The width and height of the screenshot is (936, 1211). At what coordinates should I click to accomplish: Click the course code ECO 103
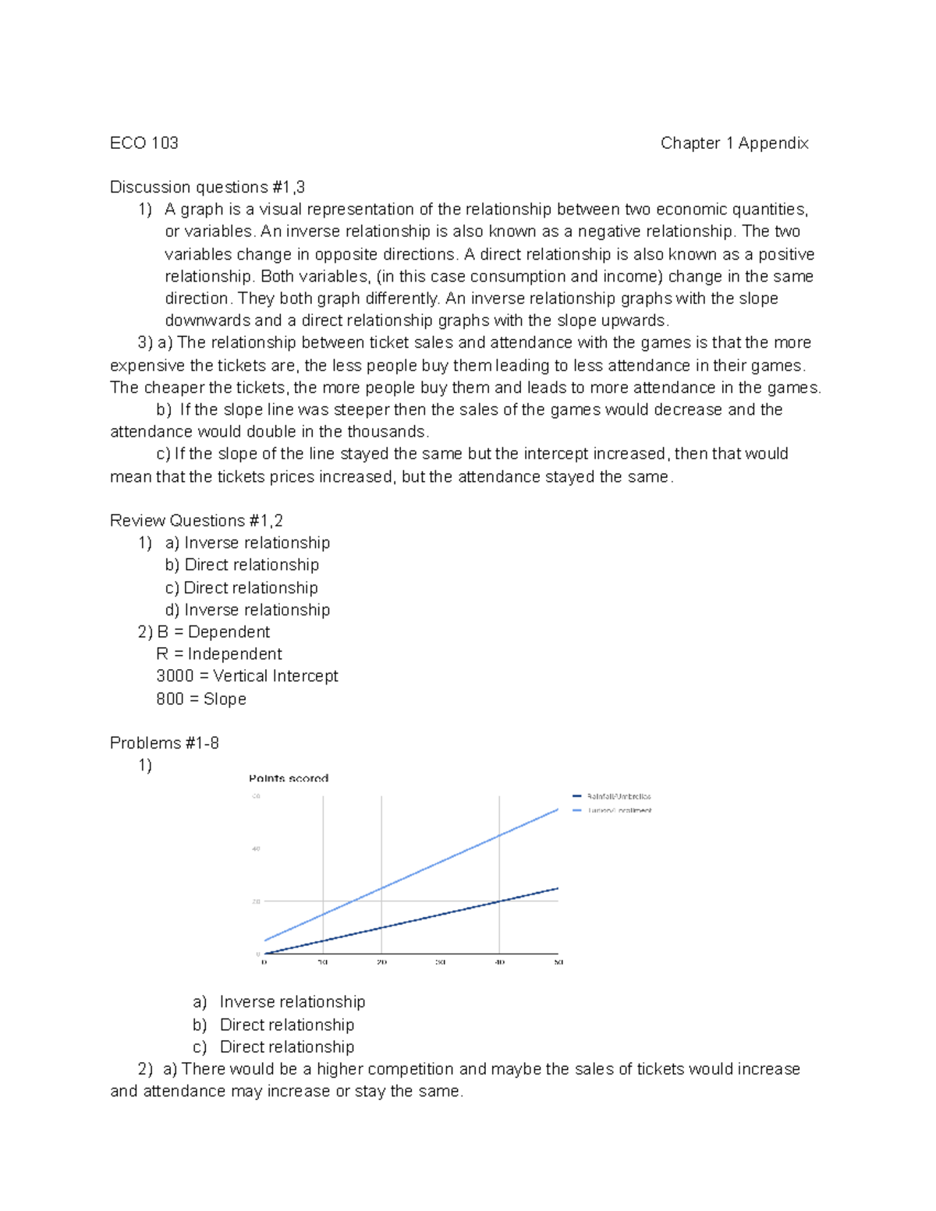tap(144, 143)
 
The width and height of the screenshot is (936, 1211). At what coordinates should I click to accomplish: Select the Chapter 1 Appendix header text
tap(734, 143)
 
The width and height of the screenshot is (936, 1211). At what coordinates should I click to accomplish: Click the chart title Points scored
tap(289, 778)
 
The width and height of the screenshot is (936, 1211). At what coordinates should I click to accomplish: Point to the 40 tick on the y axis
tap(256, 848)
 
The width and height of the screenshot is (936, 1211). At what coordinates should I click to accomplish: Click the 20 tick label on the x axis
tap(381, 962)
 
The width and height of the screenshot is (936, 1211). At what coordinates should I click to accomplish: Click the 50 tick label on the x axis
tap(558, 962)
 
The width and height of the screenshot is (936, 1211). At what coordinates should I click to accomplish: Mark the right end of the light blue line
tap(558, 809)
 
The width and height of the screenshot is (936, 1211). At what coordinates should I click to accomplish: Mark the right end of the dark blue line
tap(558, 888)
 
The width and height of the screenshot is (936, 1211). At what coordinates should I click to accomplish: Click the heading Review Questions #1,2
tap(197, 520)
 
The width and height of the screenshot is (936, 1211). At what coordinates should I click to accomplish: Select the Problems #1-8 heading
tap(165, 742)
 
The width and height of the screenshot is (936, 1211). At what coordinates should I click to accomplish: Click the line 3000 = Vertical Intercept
tap(247, 676)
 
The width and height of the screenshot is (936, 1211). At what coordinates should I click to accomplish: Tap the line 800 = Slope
tap(201, 699)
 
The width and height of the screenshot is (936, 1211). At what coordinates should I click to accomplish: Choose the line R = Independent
tap(219, 653)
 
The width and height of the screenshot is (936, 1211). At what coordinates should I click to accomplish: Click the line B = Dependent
tap(213, 632)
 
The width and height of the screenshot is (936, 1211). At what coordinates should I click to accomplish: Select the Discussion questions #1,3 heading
tap(207, 187)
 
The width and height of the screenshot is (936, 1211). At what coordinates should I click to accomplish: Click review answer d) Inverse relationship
tap(247, 610)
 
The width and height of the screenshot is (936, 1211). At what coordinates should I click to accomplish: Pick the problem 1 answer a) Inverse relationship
tap(279, 1002)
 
